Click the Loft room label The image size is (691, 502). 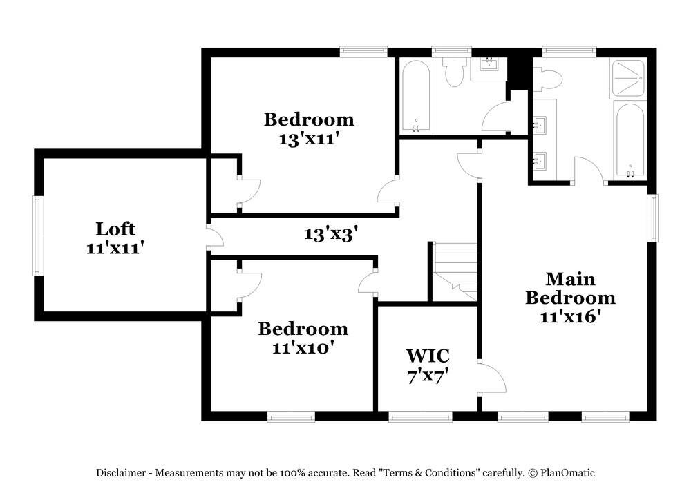click(115, 229)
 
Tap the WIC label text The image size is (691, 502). click(428, 356)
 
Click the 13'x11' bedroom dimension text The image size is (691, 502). click(309, 137)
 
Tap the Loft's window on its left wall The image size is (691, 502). click(38, 235)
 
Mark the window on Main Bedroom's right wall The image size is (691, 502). click(652, 218)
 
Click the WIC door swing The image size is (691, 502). click(493, 377)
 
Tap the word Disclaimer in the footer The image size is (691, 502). click(120, 473)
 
